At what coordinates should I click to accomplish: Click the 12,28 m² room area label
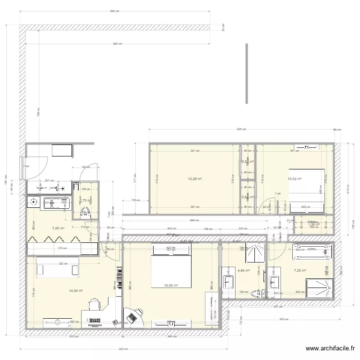click(x=194, y=179)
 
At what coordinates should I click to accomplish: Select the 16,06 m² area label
click(x=171, y=286)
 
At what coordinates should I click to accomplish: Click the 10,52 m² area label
click(x=294, y=179)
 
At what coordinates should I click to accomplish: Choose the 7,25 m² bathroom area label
click(x=300, y=271)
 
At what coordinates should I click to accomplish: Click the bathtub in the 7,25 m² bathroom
click(x=312, y=252)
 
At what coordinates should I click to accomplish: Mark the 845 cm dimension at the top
click(x=114, y=11)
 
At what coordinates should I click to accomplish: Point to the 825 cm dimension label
click(x=241, y=129)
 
